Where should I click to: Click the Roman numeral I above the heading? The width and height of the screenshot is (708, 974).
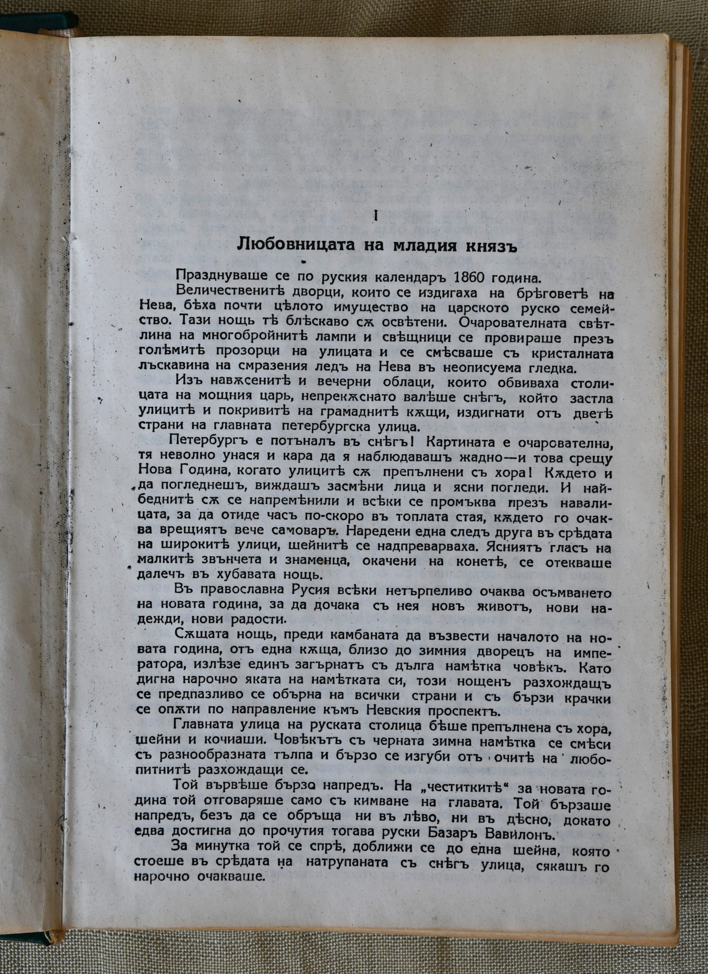pyautogui.click(x=376, y=217)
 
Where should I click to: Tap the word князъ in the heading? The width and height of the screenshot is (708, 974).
pyautogui.click(x=491, y=248)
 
